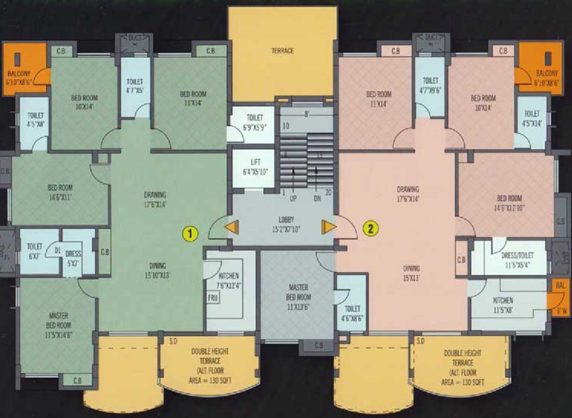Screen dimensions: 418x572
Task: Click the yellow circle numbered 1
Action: pos(189,233)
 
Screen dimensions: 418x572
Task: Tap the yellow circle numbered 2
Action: pos(371,228)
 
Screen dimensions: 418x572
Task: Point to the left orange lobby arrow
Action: pos(232,227)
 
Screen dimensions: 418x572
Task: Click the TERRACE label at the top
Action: pos(283,51)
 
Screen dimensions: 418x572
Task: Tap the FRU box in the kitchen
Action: pos(212,298)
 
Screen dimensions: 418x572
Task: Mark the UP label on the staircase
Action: pos(293,199)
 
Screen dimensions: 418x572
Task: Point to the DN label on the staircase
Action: pos(316,199)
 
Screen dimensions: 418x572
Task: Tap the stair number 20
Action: pos(327,193)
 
